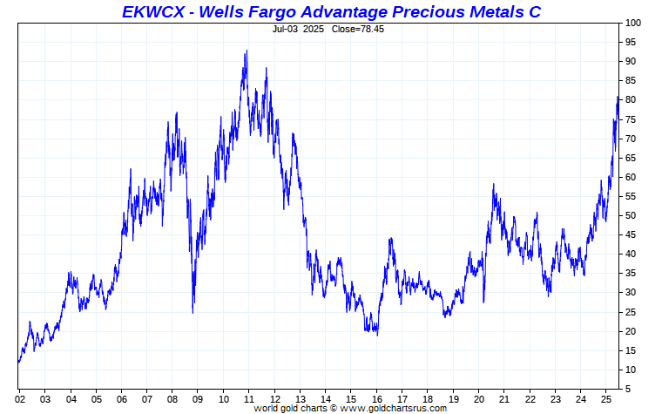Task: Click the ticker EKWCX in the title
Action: tap(153, 12)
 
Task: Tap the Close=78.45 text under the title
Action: tap(358, 29)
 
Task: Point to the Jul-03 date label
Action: tap(285, 29)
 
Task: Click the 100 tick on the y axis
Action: tap(633, 23)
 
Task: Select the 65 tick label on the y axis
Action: tap(631, 158)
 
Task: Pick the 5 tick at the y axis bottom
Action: tap(628, 389)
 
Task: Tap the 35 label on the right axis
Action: tap(631, 274)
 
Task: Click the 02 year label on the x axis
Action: tap(20, 400)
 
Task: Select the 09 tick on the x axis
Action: tap(198, 400)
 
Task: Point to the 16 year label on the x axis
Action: tap(377, 400)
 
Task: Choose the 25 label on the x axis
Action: tap(606, 400)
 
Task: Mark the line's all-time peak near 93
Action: tap(247, 51)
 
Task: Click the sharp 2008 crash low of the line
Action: tap(193, 313)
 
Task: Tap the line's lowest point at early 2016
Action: tap(377, 336)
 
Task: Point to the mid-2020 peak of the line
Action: tap(493, 184)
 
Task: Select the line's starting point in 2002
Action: tap(18, 362)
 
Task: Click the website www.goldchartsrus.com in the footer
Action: tap(393, 409)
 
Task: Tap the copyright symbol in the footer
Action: tap(333, 409)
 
